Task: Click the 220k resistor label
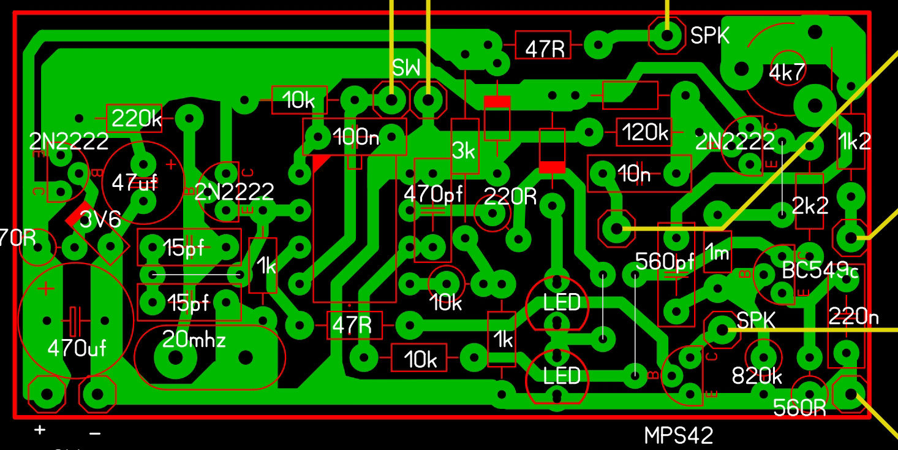coord(136,119)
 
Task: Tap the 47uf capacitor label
coord(135,182)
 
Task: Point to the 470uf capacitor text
coord(77,349)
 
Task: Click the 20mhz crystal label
coord(194,339)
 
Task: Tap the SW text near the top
coord(407,68)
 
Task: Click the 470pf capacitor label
coord(433,194)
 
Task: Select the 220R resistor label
coord(510,197)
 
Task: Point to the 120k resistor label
coord(644,132)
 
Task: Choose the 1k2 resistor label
coord(854,142)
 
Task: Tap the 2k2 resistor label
coord(810,205)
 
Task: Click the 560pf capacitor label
coord(665,262)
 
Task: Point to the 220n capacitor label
coord(853,316)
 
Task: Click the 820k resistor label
coord(757,376)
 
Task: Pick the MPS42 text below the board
coord(679,435)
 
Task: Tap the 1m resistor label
coord(717,251)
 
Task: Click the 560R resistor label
coord(799,408)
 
